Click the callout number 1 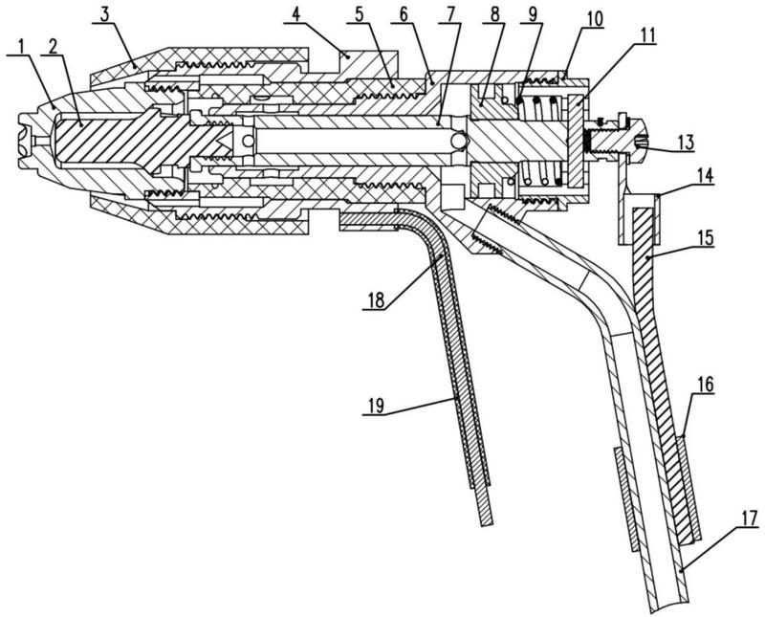[21, 47]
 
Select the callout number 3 [104, 15]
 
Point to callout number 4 [296, 15]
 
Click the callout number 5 [360, 15]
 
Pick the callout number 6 [403, 15]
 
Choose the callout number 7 [448, 15]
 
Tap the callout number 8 [494, 15]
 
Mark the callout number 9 [532, 15]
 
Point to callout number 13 [685, 143]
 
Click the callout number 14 [706, 176]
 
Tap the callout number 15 [706, 239]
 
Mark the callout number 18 [374, 300]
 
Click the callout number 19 [374, 406]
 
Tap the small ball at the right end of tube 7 [459, 141]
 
